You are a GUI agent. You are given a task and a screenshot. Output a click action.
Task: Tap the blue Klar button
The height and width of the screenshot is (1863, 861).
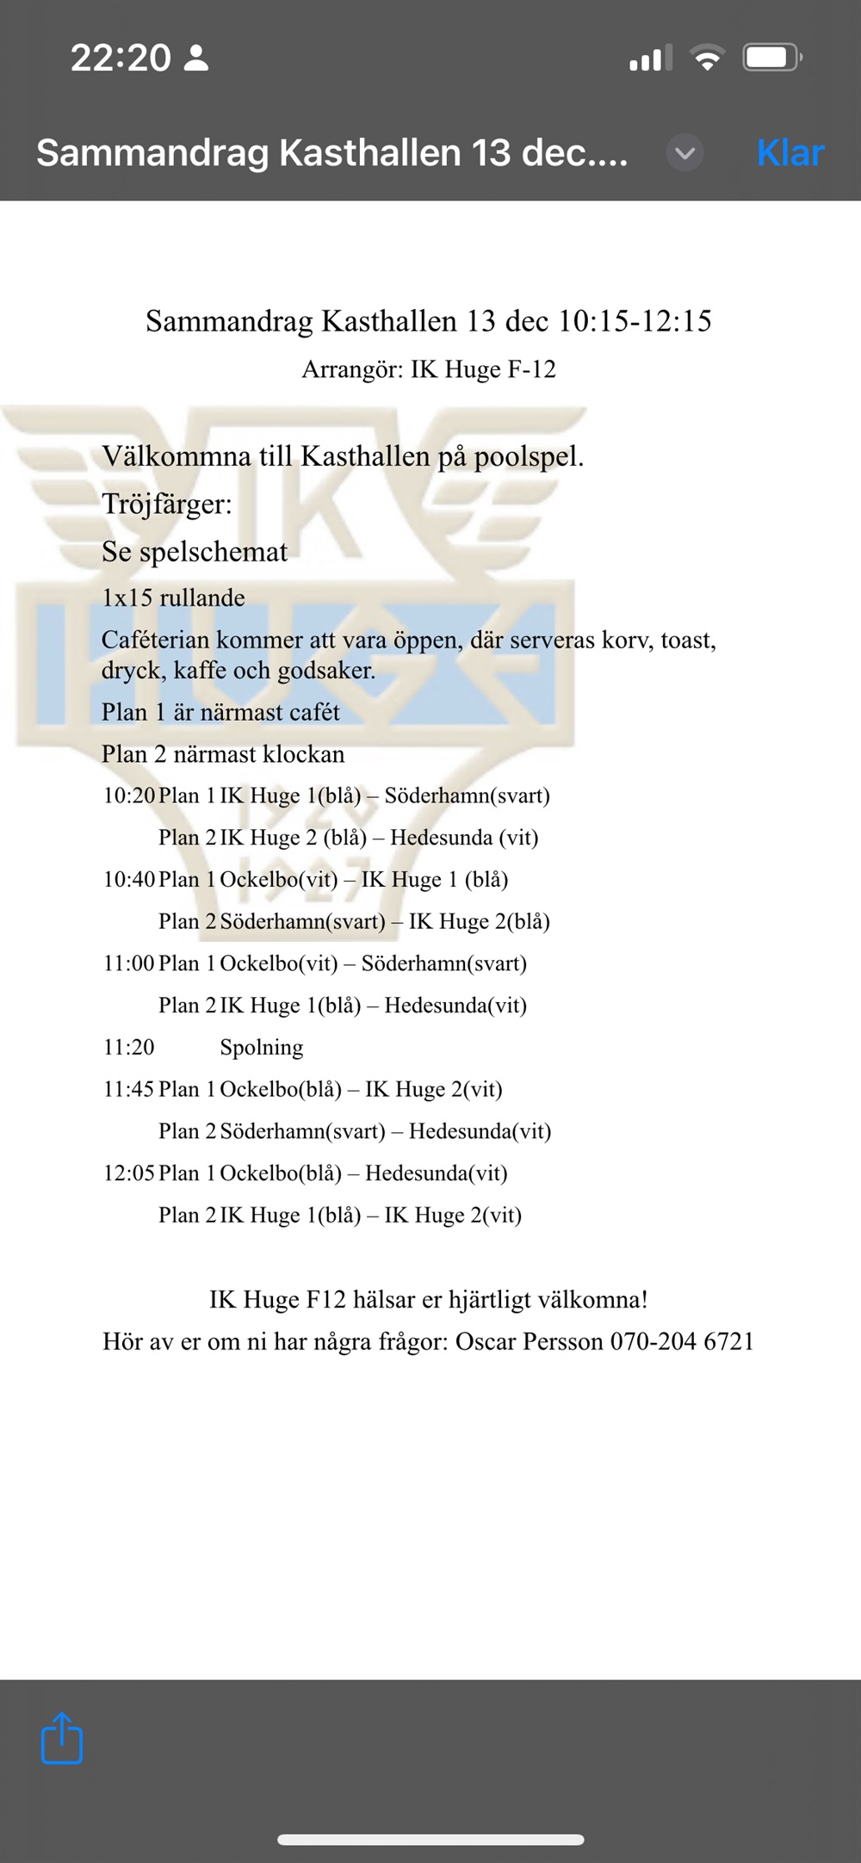coord(790,153)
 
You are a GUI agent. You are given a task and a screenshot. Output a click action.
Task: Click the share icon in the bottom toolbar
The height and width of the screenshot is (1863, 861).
coord(62,1739)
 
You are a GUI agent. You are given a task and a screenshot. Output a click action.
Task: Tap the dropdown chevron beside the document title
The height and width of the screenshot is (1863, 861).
coord(684,153)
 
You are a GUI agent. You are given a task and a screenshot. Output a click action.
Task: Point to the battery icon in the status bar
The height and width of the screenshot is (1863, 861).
coord(772,59)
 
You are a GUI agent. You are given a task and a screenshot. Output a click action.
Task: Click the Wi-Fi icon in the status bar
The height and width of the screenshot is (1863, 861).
coord(706,59)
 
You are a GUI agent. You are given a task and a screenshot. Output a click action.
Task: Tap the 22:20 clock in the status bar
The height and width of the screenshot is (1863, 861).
coord(121,59)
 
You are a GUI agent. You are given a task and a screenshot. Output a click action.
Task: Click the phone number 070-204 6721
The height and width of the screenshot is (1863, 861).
coord(682,1341)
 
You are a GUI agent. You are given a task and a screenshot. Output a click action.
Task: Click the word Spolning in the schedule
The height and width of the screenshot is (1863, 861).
coord(262,1047)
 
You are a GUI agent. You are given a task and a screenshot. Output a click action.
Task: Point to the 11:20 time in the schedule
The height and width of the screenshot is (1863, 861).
coord(129,1047)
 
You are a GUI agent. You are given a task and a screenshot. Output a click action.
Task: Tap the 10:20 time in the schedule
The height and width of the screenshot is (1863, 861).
coord(129,795)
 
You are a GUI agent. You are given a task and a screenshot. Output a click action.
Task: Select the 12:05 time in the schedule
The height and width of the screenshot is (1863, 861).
coord(129,1173)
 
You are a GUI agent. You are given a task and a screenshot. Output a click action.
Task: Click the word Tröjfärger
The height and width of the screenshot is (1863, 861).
coord(167,504)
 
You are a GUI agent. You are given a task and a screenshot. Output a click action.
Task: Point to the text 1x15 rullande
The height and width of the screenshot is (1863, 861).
coord(173,597)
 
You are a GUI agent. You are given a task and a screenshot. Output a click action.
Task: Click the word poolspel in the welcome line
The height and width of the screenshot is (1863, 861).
coord(528,456)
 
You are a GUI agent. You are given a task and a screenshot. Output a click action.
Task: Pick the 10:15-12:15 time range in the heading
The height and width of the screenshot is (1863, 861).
coord(635,321)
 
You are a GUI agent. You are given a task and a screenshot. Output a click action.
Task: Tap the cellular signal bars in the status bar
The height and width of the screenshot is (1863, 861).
coord(651,59)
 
